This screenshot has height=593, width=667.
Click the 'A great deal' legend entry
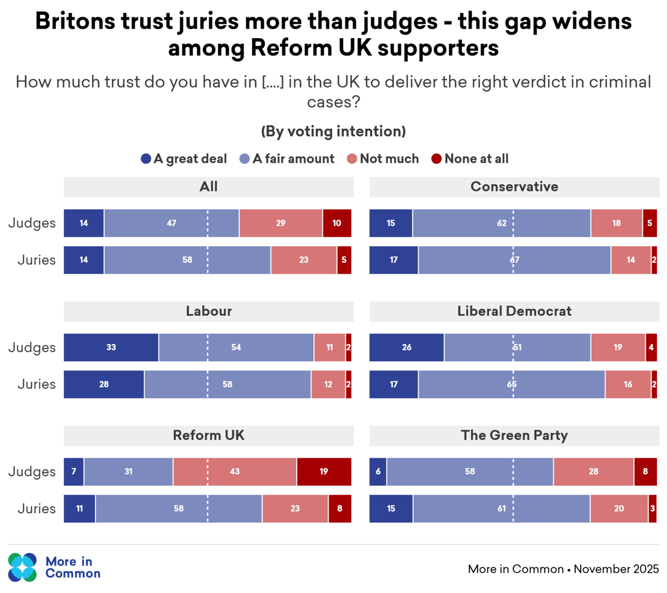184,159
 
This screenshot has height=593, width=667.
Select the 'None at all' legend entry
470,159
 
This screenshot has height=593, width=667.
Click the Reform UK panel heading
208,436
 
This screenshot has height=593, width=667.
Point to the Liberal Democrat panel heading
514,311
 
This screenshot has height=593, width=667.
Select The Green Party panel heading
514,436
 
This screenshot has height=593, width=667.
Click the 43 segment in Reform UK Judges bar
235,472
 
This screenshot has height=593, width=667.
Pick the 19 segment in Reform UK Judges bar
323,472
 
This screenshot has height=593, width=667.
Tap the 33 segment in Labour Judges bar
111,347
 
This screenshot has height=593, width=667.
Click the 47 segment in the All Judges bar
172,223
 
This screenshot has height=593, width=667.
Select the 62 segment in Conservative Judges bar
501,223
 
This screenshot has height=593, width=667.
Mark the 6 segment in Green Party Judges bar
378,472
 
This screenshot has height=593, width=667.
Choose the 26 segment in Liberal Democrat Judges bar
407,347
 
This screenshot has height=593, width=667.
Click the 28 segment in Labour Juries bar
104,384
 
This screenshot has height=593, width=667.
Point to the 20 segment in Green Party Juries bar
619,509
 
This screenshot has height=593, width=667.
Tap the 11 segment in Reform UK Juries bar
79,509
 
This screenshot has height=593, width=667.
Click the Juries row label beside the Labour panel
36,384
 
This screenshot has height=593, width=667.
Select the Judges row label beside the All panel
32,223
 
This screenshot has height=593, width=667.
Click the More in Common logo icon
23,567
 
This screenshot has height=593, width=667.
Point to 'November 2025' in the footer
616,569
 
